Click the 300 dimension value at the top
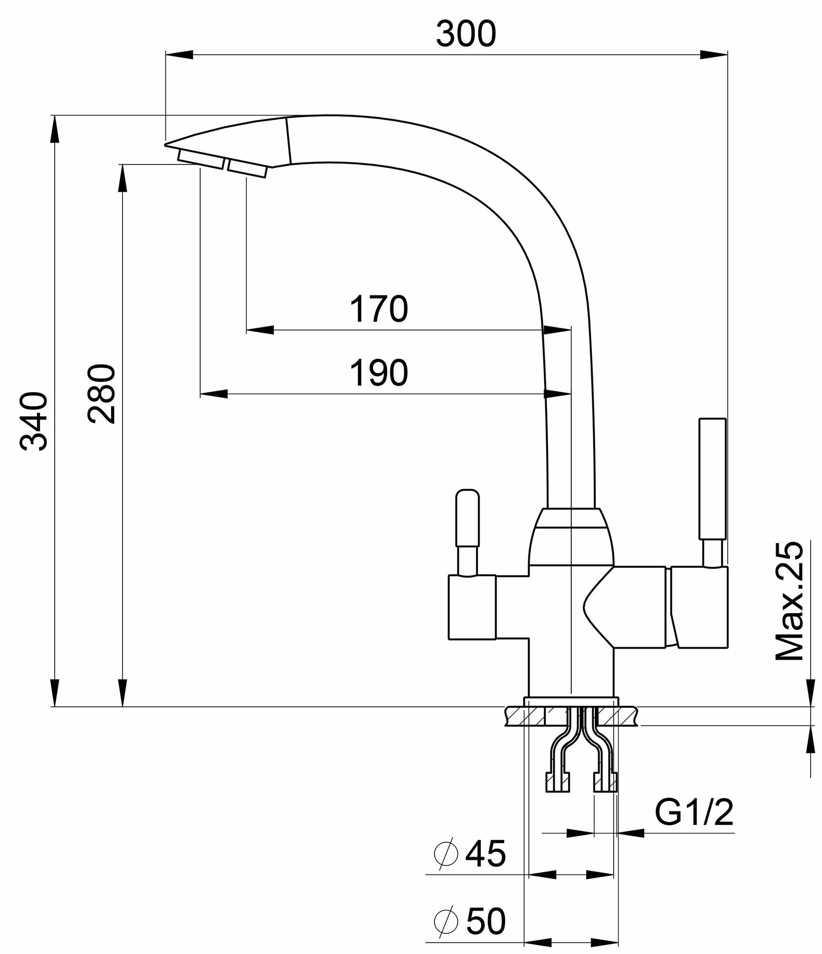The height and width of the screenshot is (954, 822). pyautogui.click(x=466, y=34)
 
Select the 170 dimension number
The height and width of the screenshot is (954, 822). pyautogui.click(x=379, y=309)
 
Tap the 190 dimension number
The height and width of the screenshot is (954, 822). pyautogui.click(x=379, y=373)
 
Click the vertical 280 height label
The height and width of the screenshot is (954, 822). pyautogui.click(x=101, y=394)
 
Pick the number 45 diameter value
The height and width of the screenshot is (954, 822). pyautogui.click(x=486, y=854)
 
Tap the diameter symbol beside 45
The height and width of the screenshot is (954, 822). pyautogui.click(x=446, y=854)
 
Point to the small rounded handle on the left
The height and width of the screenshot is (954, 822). pyautogui.click(x=467, y=518)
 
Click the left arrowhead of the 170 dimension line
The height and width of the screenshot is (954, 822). pyautogui.click(x=260, y=330)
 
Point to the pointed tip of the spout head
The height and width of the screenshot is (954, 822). pyautogui.click(x=166, y=144)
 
